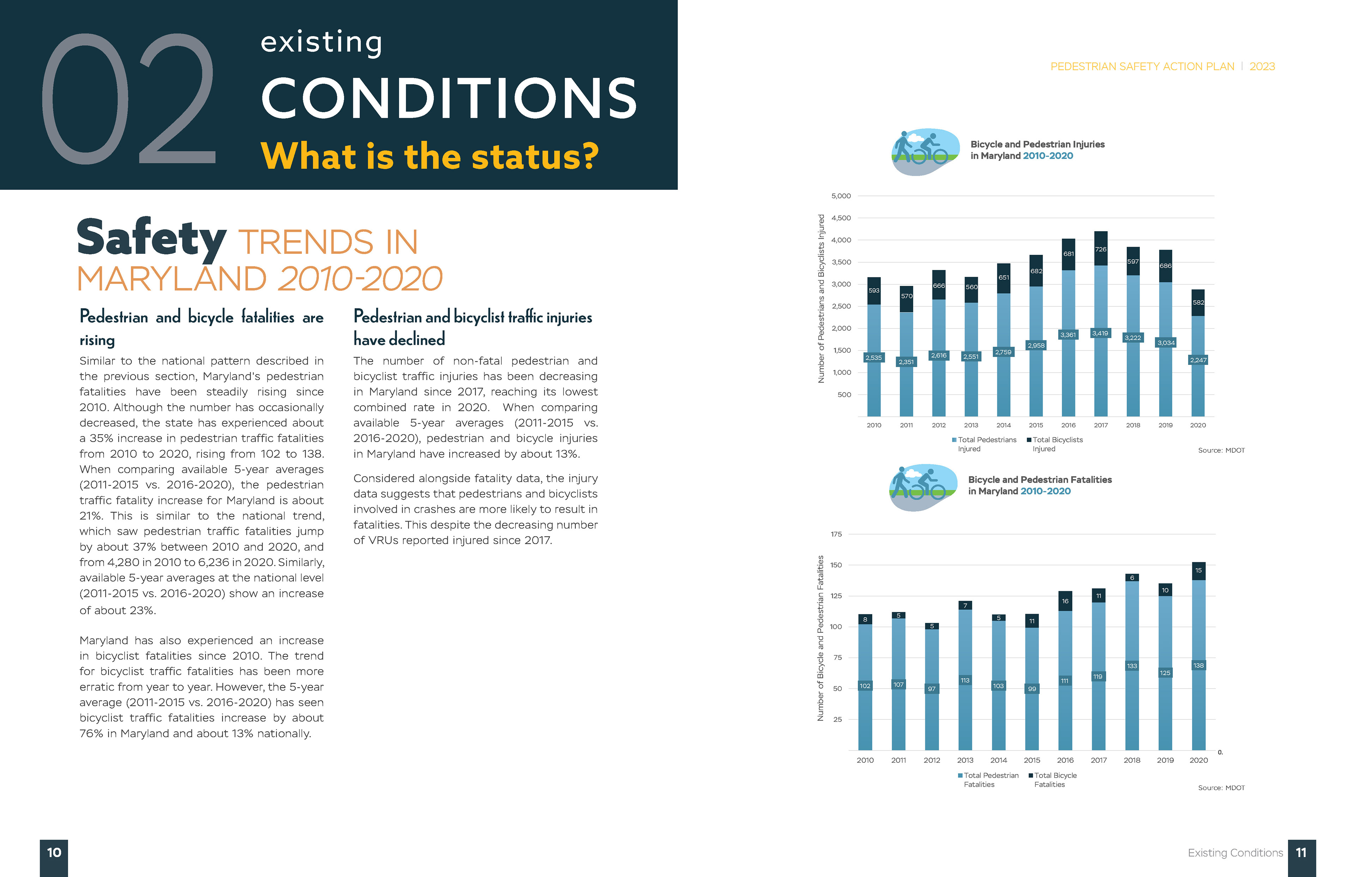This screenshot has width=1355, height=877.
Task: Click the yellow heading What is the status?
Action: pos(430,156)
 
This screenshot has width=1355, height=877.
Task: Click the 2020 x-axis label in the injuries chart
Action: pos(1198,425)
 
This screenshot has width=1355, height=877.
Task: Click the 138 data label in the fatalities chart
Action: pos(1198,665)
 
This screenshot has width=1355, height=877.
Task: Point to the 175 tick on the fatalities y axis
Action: pos(836,534)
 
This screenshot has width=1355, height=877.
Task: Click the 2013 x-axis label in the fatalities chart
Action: pos(965,760)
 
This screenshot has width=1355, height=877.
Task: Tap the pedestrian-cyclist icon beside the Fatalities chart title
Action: pos(923,487)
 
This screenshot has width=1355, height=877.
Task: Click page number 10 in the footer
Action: pos(54,853)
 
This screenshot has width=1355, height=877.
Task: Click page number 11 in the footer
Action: pos(1301,853)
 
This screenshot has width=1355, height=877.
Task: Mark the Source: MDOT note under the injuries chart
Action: pos(1221,450)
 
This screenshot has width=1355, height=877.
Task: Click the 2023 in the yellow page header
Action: pos(1262,67)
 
